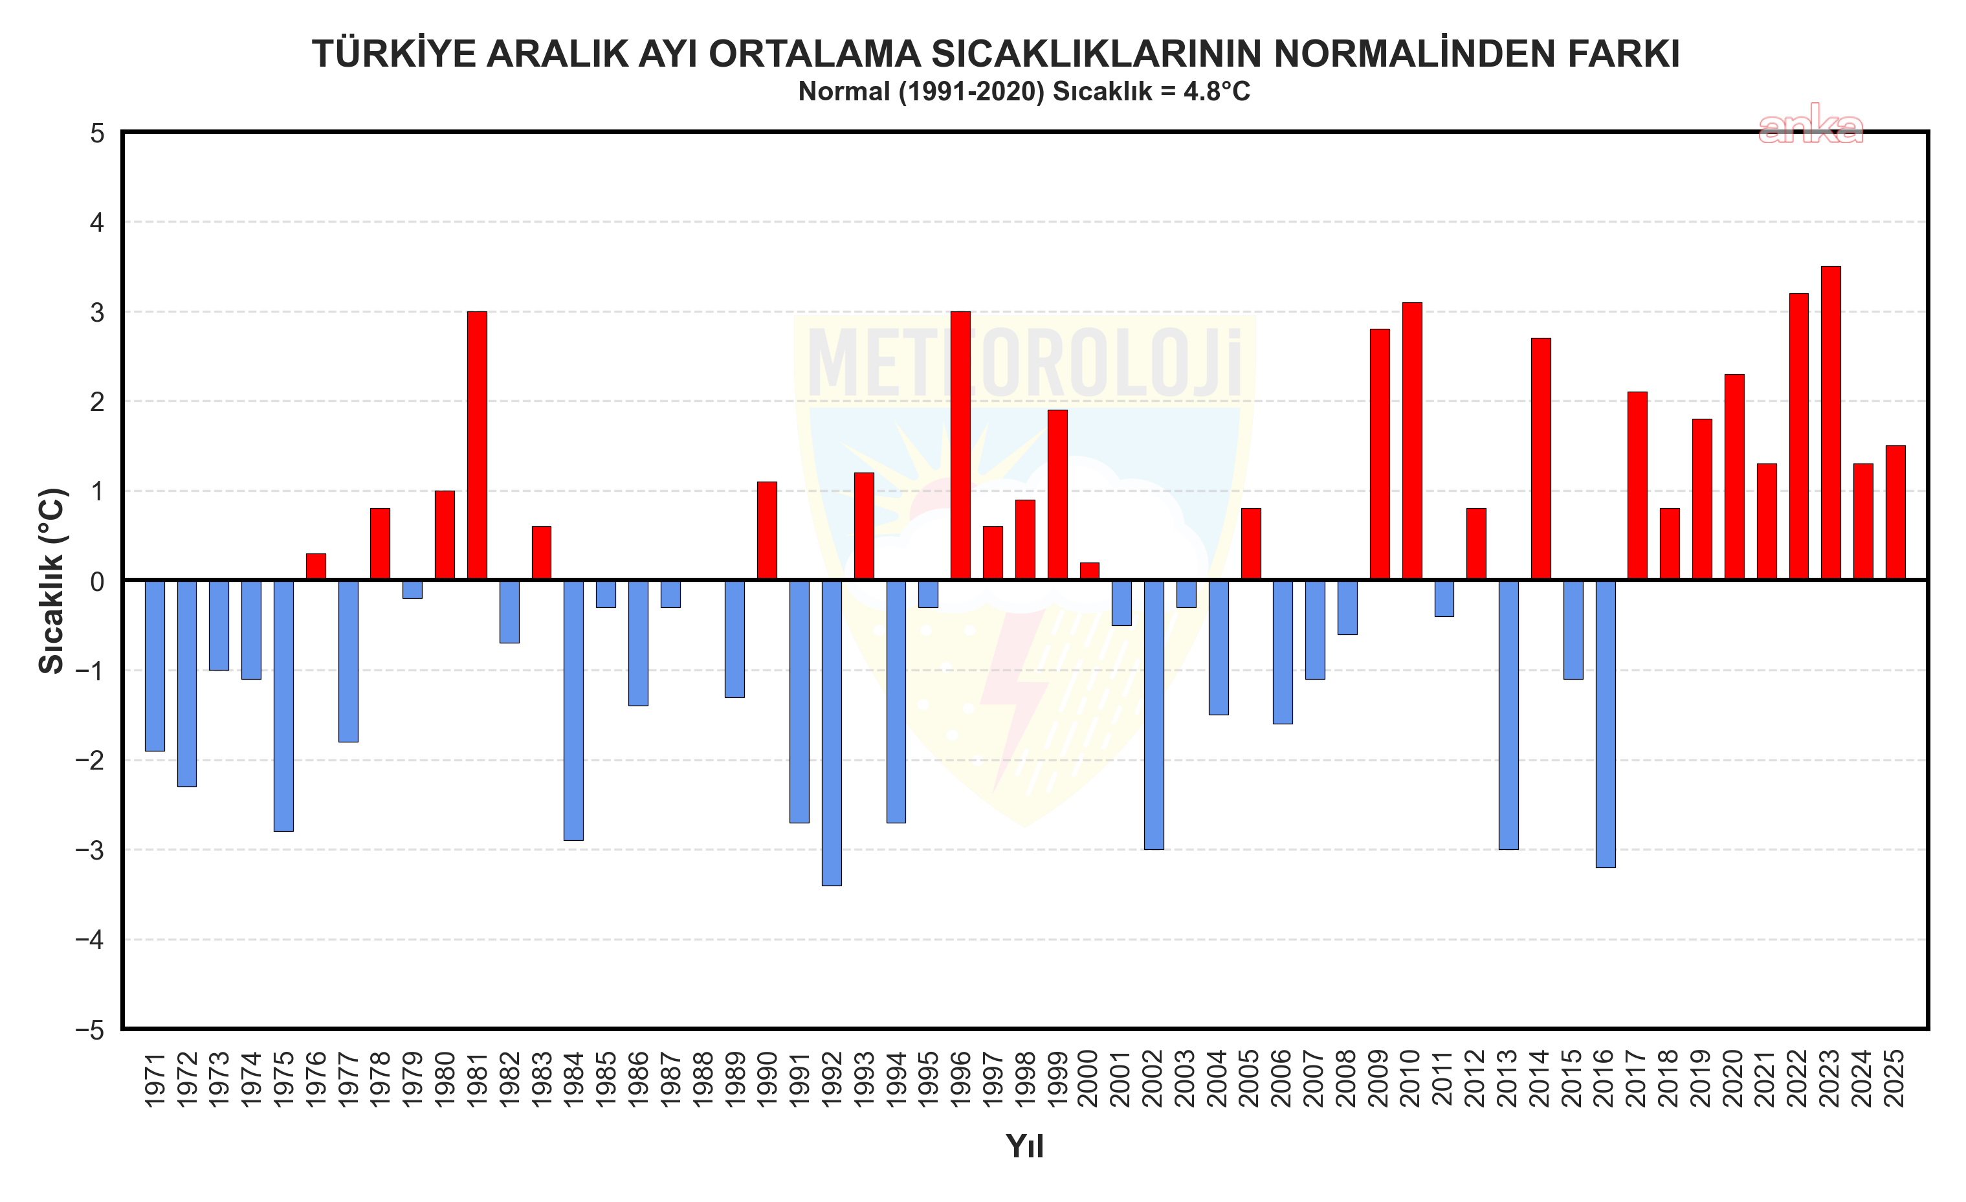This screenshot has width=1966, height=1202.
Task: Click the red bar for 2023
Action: (1830, 423)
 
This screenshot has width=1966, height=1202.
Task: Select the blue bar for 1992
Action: (832, 733)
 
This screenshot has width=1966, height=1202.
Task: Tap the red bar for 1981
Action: (477, 445)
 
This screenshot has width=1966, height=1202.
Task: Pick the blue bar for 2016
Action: (1606, 723)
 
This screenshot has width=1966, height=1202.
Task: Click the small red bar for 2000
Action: (1089, 572)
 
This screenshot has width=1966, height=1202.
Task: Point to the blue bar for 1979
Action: (412, 589)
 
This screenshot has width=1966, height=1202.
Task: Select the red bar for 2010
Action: (1411, 441)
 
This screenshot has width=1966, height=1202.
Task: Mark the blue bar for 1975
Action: (283, 706)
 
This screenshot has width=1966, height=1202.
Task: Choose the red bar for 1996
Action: (960, 445)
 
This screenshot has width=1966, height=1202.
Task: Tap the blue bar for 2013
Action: (1508, 715)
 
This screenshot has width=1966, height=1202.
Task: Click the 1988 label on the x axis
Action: (703, 1079)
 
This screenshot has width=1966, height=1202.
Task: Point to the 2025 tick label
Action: (1895, 1079)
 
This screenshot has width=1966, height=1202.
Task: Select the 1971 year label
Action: (155, 1079)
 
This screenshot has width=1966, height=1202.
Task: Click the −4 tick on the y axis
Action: (90, 939)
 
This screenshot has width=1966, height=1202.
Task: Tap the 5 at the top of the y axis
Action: (97, 133)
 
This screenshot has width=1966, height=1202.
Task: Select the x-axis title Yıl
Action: (1024, 1146)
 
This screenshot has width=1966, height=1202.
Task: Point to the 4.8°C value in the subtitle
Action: (1217, 93)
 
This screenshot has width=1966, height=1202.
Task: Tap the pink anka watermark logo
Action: (1811, 126)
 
